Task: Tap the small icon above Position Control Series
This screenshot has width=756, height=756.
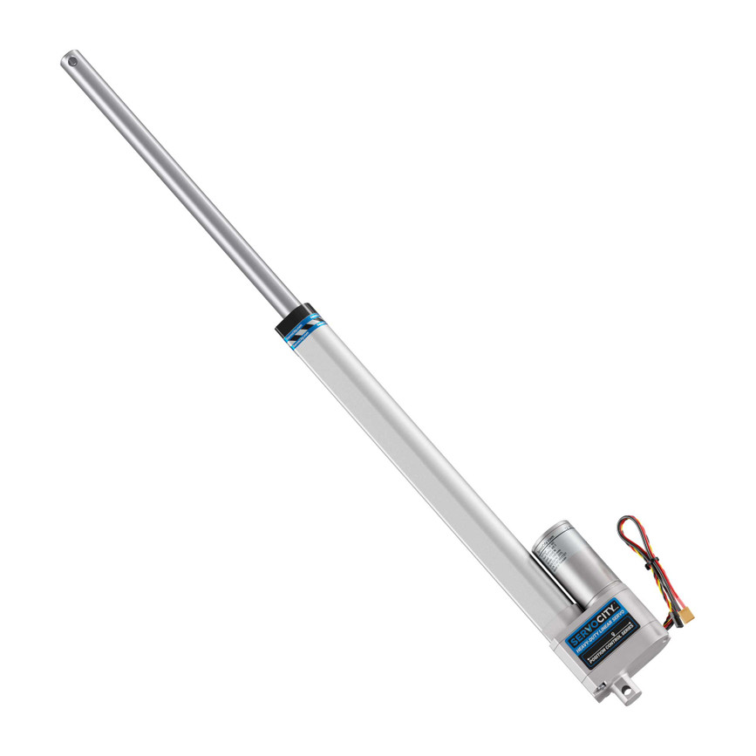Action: pos(613,634)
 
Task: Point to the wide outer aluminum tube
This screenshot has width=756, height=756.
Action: pos(419,453)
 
